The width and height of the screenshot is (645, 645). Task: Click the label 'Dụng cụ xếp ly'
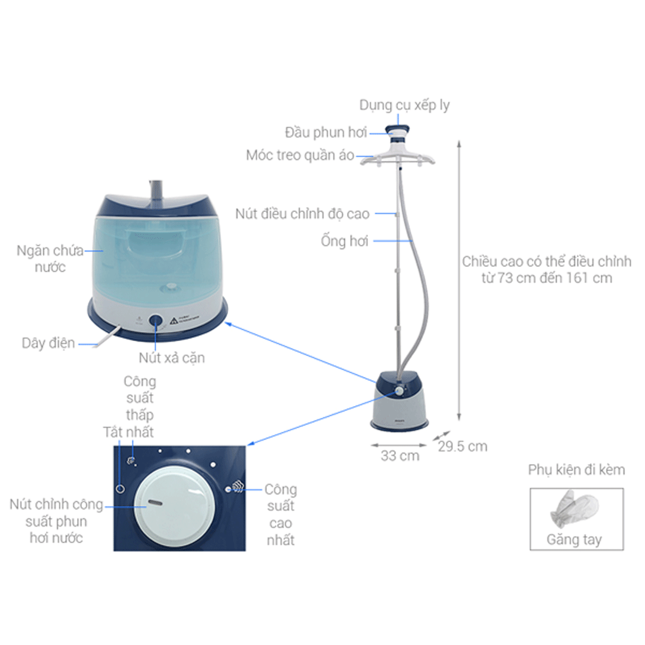pos(404,105)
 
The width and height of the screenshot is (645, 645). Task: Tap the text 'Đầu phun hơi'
pos(325,132)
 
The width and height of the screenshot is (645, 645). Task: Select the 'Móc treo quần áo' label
pos(300,156)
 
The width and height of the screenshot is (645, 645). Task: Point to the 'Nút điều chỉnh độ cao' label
pos(302,213)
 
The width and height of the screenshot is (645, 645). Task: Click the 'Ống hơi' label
pos(343,241)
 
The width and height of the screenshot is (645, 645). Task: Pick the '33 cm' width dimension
pos(400,456)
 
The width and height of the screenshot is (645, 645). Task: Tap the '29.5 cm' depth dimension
pos(462,446)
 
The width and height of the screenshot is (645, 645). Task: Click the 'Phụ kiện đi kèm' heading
pos(576,470)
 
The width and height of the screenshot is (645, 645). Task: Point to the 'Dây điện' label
pos(48,343)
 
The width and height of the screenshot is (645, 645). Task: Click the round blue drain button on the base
pos(156,321)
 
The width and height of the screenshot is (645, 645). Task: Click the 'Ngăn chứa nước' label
pos(50,259)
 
